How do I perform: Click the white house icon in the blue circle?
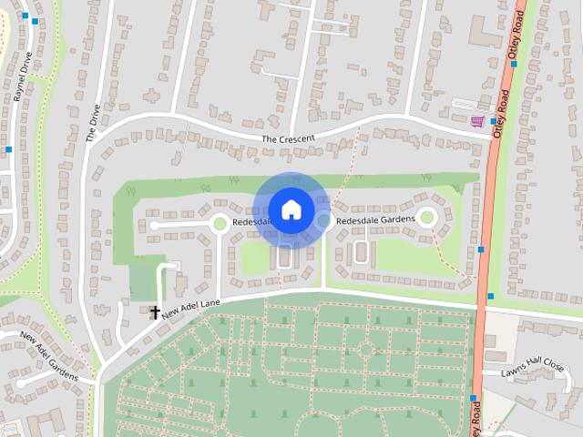coord(291,209)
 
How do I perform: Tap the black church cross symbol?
coord(155,312)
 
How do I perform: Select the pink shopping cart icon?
coord(477,120)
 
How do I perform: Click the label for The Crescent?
coord(288,138)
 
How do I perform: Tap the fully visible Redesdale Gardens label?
coord(375,220)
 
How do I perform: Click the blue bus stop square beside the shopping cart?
coord(493,120)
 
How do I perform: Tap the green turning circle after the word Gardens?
coord(426,217)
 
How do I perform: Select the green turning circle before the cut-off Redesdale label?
coord(219,222)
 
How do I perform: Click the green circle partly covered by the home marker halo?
coord(323,219)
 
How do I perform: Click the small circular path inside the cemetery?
coord(366,350)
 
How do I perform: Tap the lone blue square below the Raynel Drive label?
coord(8,148)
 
